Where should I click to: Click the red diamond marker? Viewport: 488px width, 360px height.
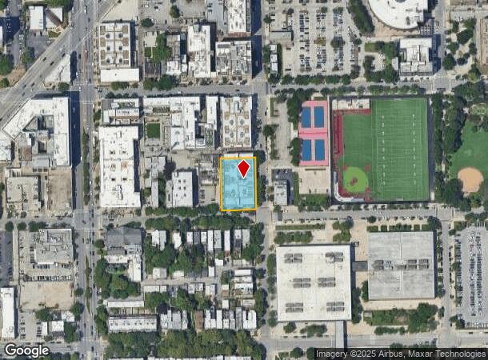click(243, 169)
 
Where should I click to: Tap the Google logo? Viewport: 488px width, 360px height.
click(26, 350)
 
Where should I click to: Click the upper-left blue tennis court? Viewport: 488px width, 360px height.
click(306, 118)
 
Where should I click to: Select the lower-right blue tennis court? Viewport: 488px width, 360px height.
click(320, 150)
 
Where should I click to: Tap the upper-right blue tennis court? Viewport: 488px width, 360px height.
click(320, 118)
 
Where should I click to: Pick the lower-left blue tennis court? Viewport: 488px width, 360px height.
click(306, 150)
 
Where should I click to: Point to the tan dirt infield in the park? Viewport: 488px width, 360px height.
click(470, 180)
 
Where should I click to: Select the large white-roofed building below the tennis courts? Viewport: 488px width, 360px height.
click(313, 282)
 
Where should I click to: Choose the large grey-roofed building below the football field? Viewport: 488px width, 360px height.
click(400, 265)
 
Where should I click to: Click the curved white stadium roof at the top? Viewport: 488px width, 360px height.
click(398, 12)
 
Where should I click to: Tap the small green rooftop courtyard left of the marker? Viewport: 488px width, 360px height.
click(153, 130)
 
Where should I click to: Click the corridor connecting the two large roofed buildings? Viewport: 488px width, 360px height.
click(359, 266)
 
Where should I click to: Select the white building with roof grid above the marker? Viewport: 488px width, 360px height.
click(236, 122)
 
